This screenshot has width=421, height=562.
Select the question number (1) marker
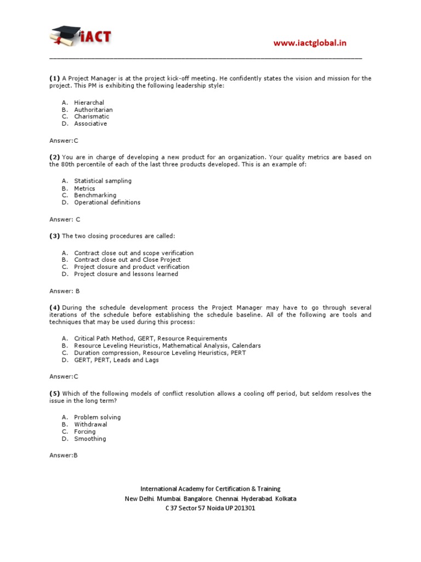click(54, 78)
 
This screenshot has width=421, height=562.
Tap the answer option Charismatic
click(92, 116)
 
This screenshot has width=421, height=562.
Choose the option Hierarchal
click(89, 103)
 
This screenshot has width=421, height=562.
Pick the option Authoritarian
click(93, 110)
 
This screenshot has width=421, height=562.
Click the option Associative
click(90, 123)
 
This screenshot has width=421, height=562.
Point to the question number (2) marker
click(54, 157)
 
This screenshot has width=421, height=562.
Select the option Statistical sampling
click(103, 181)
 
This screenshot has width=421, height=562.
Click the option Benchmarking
click(95, 195)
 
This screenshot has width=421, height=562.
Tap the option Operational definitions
click(107, 202)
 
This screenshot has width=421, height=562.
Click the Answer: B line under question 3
click(65, 291)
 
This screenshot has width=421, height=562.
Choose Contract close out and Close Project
click(127, 260)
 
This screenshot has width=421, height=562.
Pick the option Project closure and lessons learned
click(126, 274)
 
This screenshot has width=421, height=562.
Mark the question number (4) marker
click(54, 307)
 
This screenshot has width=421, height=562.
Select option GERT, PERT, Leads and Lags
click(116, 360)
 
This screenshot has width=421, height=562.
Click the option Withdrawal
click(90, 424)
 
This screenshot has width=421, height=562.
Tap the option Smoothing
click(90, 439)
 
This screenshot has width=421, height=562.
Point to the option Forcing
click(84, 431)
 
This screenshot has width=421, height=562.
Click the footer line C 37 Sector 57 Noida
click(210, 508)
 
